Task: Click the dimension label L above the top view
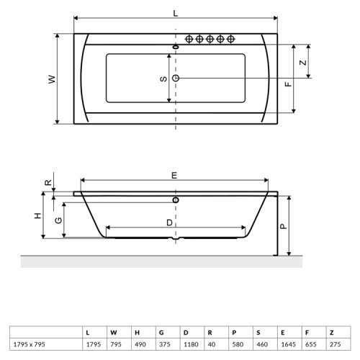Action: (x=176, y=11)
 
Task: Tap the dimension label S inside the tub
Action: (x=163, y=78)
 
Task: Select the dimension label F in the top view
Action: (x=288, y=84)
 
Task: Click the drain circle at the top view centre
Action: (x=176, y=78)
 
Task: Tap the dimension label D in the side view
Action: (x=170, y=223)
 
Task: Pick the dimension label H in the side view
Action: (x=36, y=216)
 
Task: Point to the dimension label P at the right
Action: (x=283, y=225)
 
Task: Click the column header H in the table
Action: (x=136, y=332)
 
